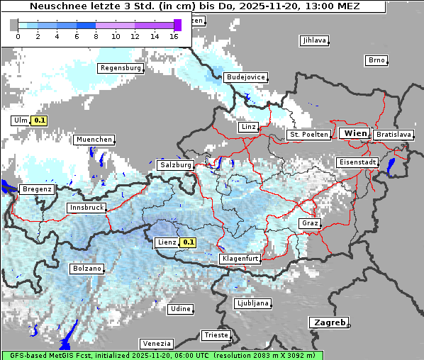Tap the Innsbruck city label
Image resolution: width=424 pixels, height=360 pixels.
86,208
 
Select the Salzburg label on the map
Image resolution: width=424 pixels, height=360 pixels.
176,164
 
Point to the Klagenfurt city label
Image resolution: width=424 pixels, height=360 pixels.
240,259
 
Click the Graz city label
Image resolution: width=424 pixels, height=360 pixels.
309,223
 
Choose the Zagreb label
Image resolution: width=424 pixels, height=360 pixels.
328,322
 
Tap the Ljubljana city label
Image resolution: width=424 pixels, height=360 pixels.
252,303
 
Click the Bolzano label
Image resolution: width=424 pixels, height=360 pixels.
87,269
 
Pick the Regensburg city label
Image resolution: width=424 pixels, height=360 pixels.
121,68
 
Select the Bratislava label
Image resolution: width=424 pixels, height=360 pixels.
394,134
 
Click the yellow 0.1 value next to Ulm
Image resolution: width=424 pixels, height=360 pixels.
40,120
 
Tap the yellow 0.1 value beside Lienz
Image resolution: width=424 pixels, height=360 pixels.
188,242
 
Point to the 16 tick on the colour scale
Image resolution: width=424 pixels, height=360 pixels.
174,35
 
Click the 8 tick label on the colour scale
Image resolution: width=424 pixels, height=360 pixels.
96,35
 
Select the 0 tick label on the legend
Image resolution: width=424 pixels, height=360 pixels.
18,35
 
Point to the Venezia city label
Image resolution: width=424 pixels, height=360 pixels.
155,343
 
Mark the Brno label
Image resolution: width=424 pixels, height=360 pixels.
376,60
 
